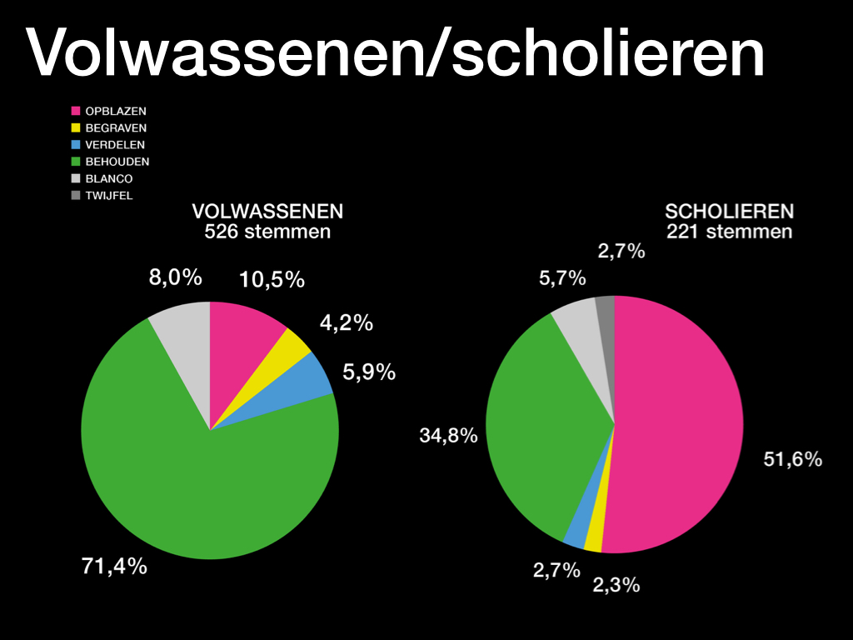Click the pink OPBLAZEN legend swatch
click(x=75, y=111)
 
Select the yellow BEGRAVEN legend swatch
click(x=75, y=128)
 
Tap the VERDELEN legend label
click(x=115, y=145)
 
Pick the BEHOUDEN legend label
click(x=117, y=162)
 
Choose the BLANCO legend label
click(x=109, y=178)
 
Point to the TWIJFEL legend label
click(x=109, y=196)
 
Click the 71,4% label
click(x=114, y=567)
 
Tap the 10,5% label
click(x=272, y=280)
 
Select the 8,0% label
click(x=176, y=277)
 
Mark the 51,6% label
click(x=793, y=459)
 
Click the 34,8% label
click(x=448, y=435)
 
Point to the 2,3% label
click(x=616, y=585)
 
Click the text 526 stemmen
click(x=267, y=232)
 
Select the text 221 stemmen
click(x=729, y=232)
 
